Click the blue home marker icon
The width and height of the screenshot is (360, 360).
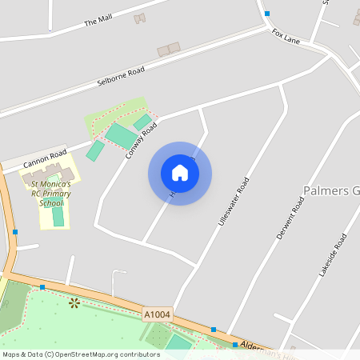coord(180,173)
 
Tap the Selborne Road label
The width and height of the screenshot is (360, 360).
coord(122,77)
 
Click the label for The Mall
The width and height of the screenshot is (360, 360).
coord(98,20)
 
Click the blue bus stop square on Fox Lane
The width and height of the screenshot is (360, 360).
coord(267,14)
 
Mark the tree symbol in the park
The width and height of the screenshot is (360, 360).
coord(74,302)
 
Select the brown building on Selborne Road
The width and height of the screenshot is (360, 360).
coord(168,50)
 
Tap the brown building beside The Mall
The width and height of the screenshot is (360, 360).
coord(140,18)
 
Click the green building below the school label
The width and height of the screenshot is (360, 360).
coord(58,216)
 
